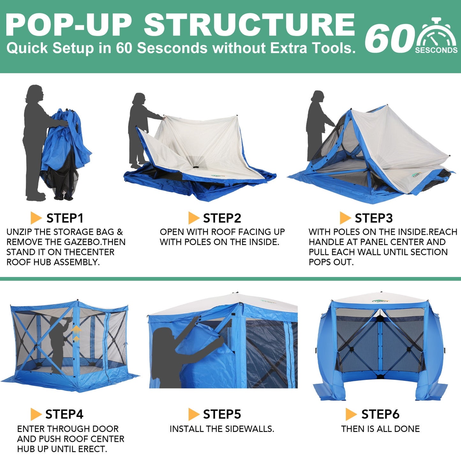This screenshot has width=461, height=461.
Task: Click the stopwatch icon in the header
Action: click(437, 34)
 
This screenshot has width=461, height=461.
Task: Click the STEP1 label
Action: click(65, 218)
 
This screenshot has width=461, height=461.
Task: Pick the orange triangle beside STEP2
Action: click(193, 218)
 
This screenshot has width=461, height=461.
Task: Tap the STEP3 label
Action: click(374, 218)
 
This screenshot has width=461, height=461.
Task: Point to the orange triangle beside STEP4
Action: click(36, 414)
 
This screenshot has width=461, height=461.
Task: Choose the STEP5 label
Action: click(222, 414)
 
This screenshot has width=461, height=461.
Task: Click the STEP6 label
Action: click(380, 414)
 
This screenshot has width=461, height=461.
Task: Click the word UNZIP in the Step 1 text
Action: click(19, 232)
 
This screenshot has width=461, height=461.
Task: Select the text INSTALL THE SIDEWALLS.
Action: click(222, 429)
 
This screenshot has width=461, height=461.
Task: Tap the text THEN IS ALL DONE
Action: click(380, 429)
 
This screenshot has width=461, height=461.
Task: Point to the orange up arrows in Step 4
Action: click(76, 333)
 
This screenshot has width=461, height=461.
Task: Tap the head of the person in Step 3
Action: click(317, 96)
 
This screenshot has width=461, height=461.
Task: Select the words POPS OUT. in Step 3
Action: click(331, 262)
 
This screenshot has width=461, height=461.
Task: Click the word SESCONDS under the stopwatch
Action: click(436, 50)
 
